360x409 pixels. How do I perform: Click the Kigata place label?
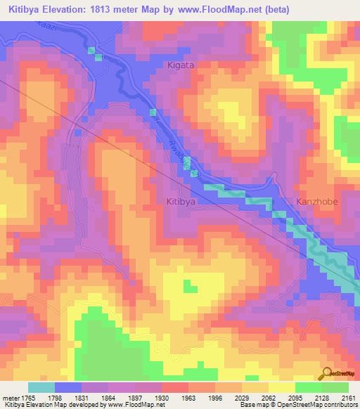(180, 65)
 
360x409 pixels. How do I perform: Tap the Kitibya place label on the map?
(180, 201)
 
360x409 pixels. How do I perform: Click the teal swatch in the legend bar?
(41, 387)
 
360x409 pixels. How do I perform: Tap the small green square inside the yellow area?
(188, 285)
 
